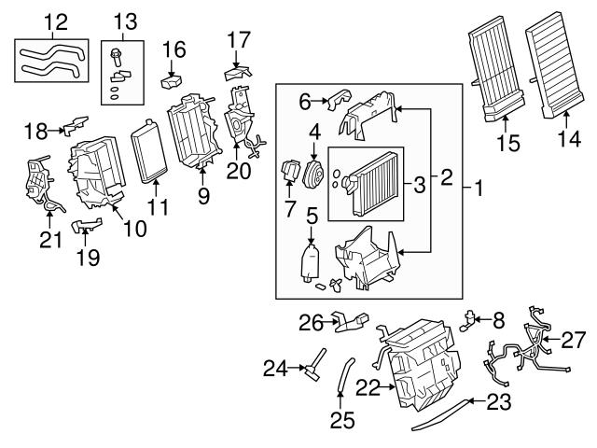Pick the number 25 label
[343, 420]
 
